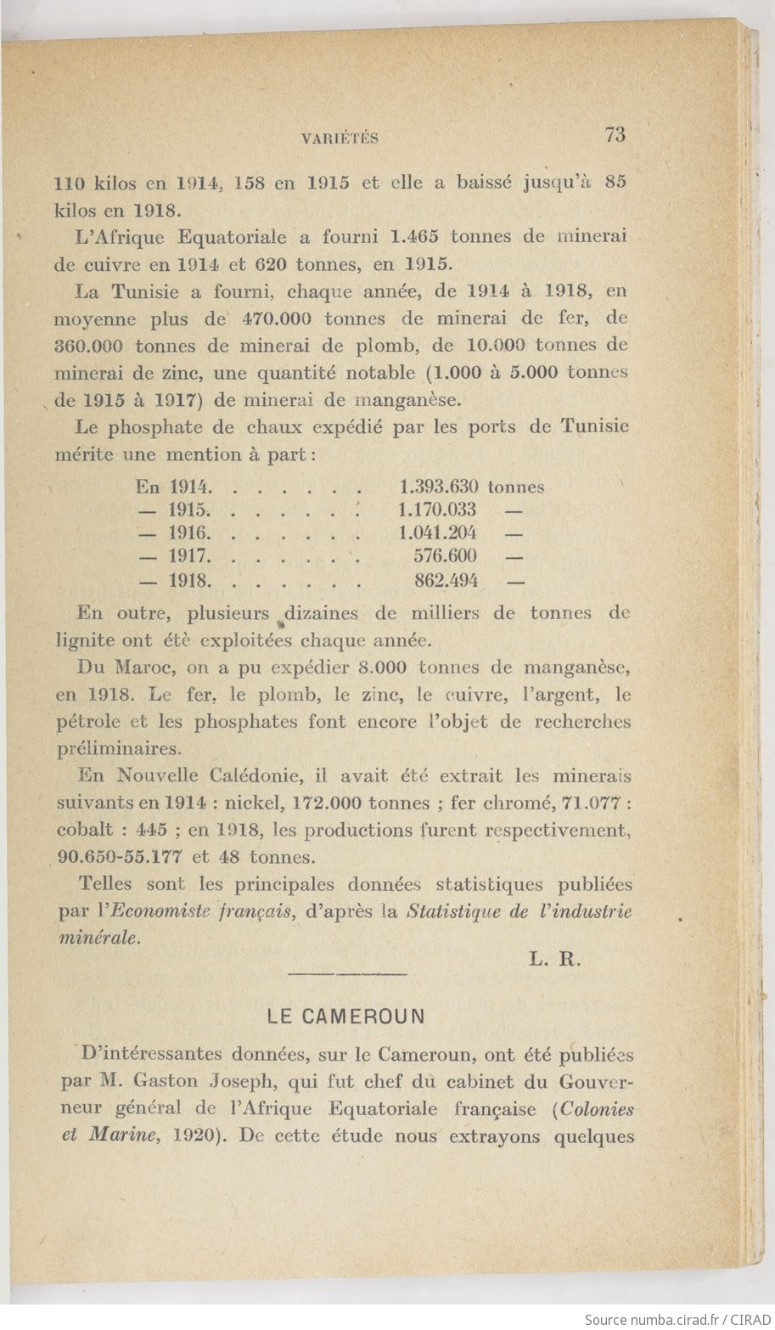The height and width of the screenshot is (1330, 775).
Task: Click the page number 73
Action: coord(615,134)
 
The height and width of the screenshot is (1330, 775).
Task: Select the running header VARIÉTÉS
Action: coord(340,138)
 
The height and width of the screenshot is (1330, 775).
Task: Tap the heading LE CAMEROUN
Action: coord(345,1016)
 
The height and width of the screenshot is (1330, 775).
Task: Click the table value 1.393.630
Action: coord(438,487)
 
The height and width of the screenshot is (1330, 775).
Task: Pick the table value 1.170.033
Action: coord(437,510)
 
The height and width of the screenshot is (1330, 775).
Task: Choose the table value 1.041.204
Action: coord(437,533)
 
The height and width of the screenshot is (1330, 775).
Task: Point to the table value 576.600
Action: coord(445,556)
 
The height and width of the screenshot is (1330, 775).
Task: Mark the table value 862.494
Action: coord(446,582)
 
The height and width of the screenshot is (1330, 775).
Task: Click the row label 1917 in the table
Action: coord(188,557)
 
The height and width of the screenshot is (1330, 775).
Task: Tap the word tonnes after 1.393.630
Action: coord(516,487)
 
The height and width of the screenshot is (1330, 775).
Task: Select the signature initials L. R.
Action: coord(553,961)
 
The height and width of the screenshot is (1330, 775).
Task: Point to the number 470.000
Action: coord(278,319)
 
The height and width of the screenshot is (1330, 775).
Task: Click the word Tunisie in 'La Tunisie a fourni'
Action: coord(148,292)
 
